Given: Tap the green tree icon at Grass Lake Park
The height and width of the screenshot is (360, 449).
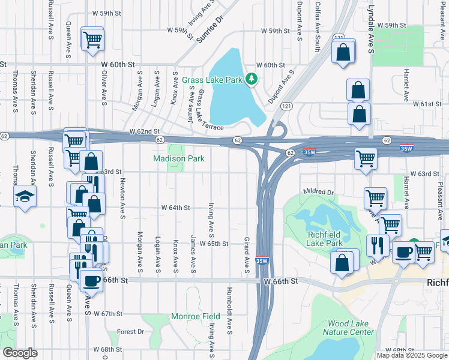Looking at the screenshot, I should click(253, 79).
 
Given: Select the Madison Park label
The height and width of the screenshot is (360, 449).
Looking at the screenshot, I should click(179, 158).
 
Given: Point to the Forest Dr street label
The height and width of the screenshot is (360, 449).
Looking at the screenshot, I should click(131, 331).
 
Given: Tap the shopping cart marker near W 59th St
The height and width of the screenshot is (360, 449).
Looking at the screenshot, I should click(92, 40).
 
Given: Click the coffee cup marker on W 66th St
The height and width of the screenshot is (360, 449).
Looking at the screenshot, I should click(91, 280).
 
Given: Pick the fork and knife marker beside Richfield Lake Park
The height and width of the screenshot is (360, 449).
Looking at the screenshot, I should click(378, 245).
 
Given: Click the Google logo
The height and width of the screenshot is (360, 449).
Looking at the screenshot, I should click(20, 353).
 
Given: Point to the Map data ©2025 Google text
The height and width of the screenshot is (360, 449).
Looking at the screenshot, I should click(412, 355).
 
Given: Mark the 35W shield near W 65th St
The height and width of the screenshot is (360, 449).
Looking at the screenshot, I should click(262, 260).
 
